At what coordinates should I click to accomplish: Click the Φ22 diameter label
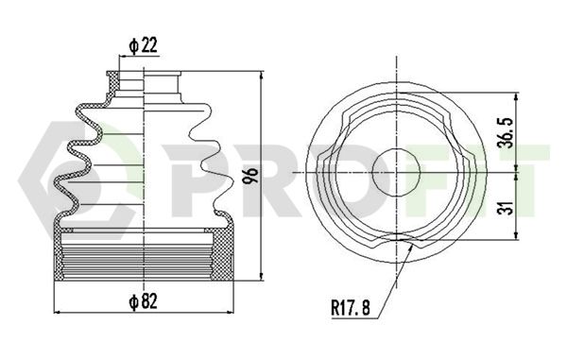144,45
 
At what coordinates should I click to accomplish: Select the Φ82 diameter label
144,301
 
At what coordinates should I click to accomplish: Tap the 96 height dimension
250,176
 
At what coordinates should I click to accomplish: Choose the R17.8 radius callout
351,308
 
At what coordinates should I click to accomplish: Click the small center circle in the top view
397,172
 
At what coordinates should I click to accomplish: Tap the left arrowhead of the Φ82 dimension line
58,312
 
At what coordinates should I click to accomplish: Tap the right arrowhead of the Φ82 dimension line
230,312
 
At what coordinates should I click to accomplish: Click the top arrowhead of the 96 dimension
262,76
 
